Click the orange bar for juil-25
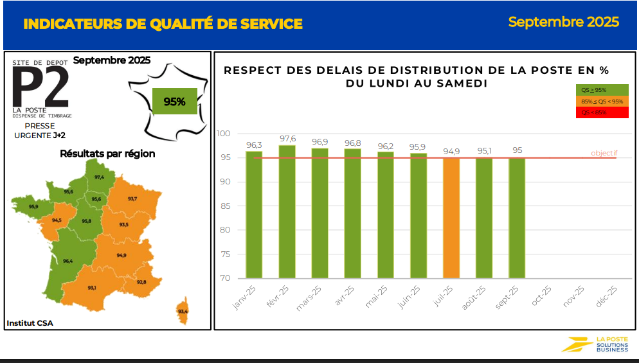[451, 218]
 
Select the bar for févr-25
[287, 212]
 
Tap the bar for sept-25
[517, 218]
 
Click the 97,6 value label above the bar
[287, 139]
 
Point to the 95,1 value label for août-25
[484, 151]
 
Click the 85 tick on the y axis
[223, 206]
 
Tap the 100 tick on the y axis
[223, 134]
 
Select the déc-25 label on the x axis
[607, 297]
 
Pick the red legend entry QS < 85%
[602, 112]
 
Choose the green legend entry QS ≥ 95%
[602, 90]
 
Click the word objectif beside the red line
[604, 153]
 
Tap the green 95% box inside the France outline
[174, 102]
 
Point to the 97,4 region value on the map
[99, 177]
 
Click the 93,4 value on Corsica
[183, 312]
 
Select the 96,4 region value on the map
[67, 261]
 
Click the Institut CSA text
[30, 323]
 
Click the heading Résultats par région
[107, 154]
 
